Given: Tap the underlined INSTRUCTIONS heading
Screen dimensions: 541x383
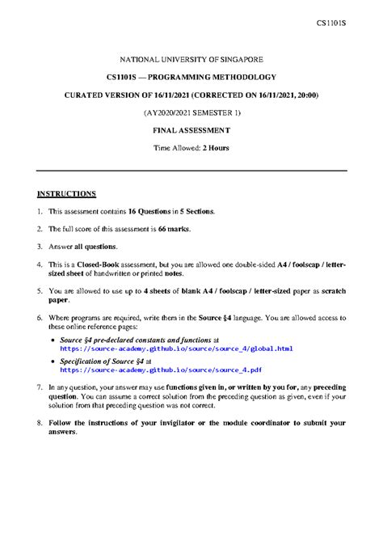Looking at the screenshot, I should tap(66, 194).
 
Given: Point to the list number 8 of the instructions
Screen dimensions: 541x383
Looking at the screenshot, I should tap(39, 422).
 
